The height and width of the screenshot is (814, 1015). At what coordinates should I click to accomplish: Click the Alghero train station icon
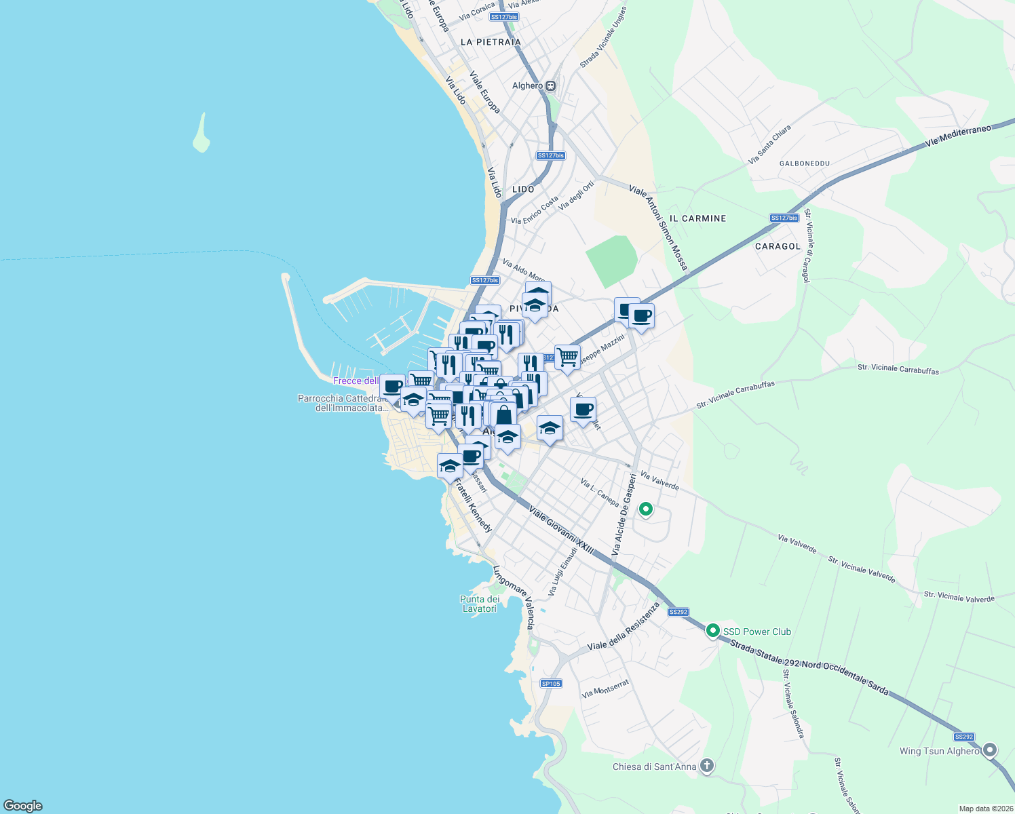[551, 86]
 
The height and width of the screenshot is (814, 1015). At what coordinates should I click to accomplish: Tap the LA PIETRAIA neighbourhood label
[491, 42]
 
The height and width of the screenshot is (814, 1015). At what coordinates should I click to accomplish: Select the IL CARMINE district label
[697, 218]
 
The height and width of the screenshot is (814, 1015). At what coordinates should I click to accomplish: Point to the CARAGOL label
[778, 246]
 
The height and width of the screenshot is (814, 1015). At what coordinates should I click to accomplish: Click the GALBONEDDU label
[805, 163]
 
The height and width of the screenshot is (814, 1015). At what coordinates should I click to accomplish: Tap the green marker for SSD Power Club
[712, 631]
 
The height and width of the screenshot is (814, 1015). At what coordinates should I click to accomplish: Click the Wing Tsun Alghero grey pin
[990, 750]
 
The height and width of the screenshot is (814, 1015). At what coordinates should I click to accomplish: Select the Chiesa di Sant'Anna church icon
[707, 767]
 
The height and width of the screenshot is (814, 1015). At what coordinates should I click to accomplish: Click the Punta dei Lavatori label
[480, 604]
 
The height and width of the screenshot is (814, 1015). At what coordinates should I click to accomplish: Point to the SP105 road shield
[551, 683]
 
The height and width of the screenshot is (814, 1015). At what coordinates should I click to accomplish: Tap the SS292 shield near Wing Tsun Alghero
[963, 737]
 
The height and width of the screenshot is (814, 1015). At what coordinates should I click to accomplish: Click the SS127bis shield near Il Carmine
[784, 218]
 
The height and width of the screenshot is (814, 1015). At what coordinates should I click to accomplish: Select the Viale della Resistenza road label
[624, 626]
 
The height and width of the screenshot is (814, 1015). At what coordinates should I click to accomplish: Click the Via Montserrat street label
[605, 689]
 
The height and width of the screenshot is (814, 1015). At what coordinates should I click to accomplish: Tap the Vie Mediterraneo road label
[957, 135]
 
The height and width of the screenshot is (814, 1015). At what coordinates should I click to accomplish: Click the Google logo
[22, 806]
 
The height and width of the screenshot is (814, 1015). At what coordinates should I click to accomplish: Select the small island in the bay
[202, 134]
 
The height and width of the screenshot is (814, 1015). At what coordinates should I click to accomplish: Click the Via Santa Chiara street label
[769, 144]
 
